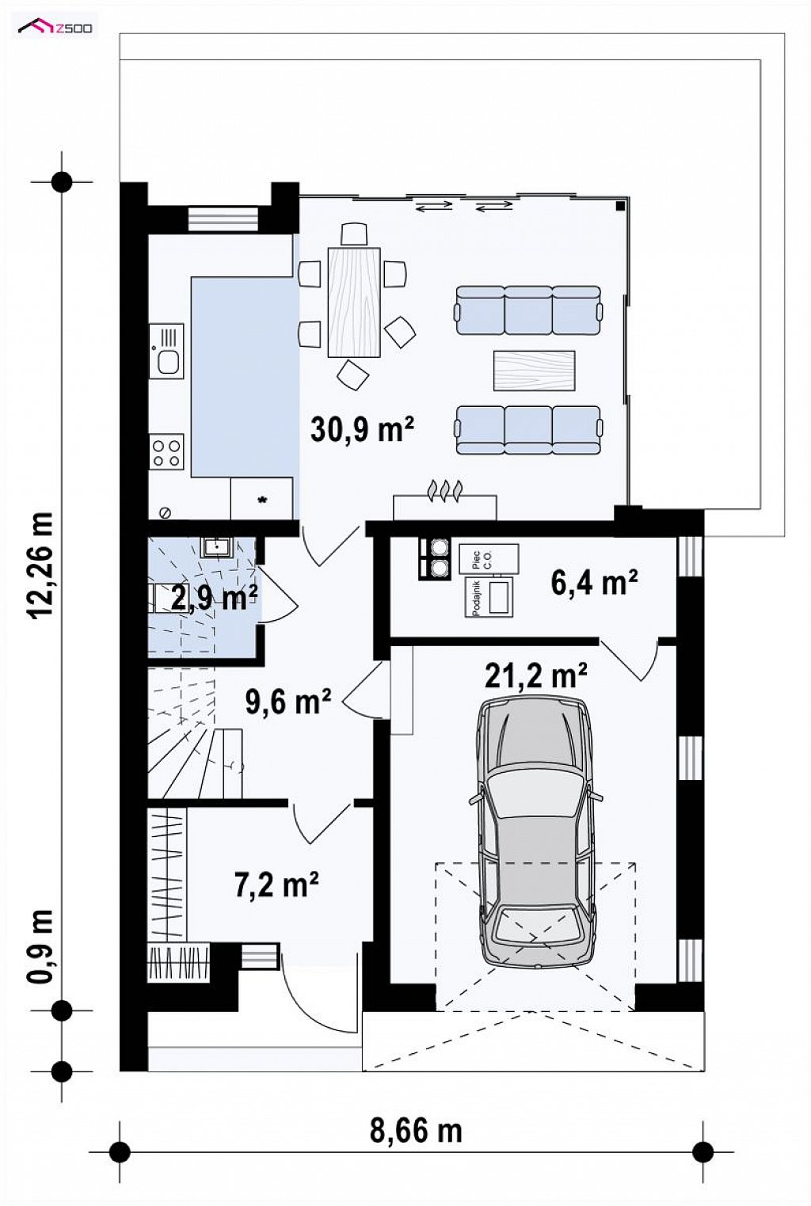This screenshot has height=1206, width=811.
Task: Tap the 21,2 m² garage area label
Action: click(x=536, y=675)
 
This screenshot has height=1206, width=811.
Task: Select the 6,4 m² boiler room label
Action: click(x=595, y=581)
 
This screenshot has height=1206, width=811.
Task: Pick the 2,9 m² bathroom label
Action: click(x=214, y=598)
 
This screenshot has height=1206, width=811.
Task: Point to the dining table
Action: click(x=354, y=303)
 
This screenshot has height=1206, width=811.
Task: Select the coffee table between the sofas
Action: click(x=535, y=371)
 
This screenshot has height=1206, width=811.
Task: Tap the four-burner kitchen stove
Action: click(x=166, y=451)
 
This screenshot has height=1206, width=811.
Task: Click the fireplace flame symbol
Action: click(x=445, y=490)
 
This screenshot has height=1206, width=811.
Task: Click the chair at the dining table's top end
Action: click(x=354, y=234)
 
